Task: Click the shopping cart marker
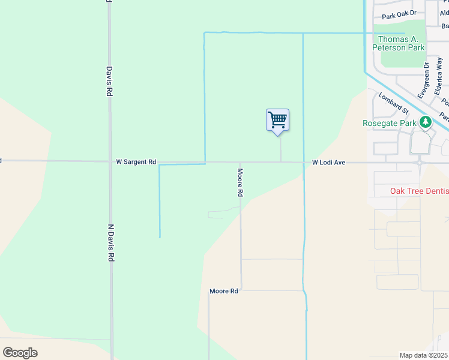point(277,120)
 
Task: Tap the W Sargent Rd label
point(136,162)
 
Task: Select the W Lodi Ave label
point(328,163)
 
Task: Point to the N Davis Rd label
point(111,242)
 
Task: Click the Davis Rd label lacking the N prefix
point(110,81)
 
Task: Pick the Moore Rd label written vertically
point(240,184)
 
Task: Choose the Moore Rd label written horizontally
point(224,291)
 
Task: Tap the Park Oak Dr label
point(399,16)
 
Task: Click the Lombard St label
point(394,103)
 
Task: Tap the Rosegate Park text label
point(390,123)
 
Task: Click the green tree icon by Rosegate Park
point(426,122)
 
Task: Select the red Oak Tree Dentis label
point(419,191)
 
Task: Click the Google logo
point(20,353)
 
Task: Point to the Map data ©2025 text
point(423,355)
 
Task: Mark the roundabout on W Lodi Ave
point(420,162)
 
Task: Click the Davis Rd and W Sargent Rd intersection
point(110,161)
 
